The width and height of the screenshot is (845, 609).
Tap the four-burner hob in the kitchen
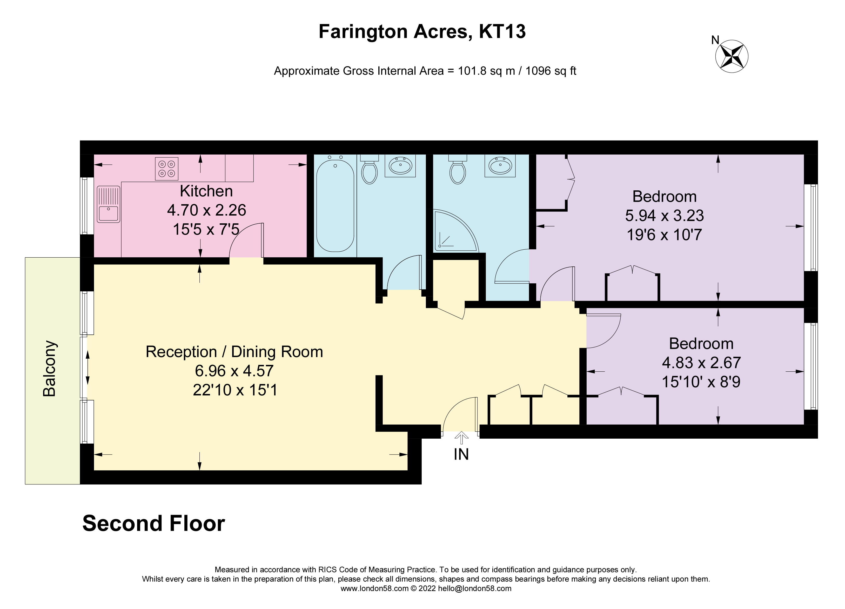pos(166,169)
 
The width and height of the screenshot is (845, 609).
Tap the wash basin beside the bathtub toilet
pos(400,166)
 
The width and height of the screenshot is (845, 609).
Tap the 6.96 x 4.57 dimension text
pos(234,371)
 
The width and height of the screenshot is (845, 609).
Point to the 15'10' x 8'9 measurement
pos(701,382)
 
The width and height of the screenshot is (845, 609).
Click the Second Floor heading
pos(153,523)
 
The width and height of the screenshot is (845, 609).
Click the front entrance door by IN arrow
pos(460,416)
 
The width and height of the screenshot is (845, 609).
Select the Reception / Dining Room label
pos(234,352)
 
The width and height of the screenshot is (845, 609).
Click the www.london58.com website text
pos(374,588)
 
